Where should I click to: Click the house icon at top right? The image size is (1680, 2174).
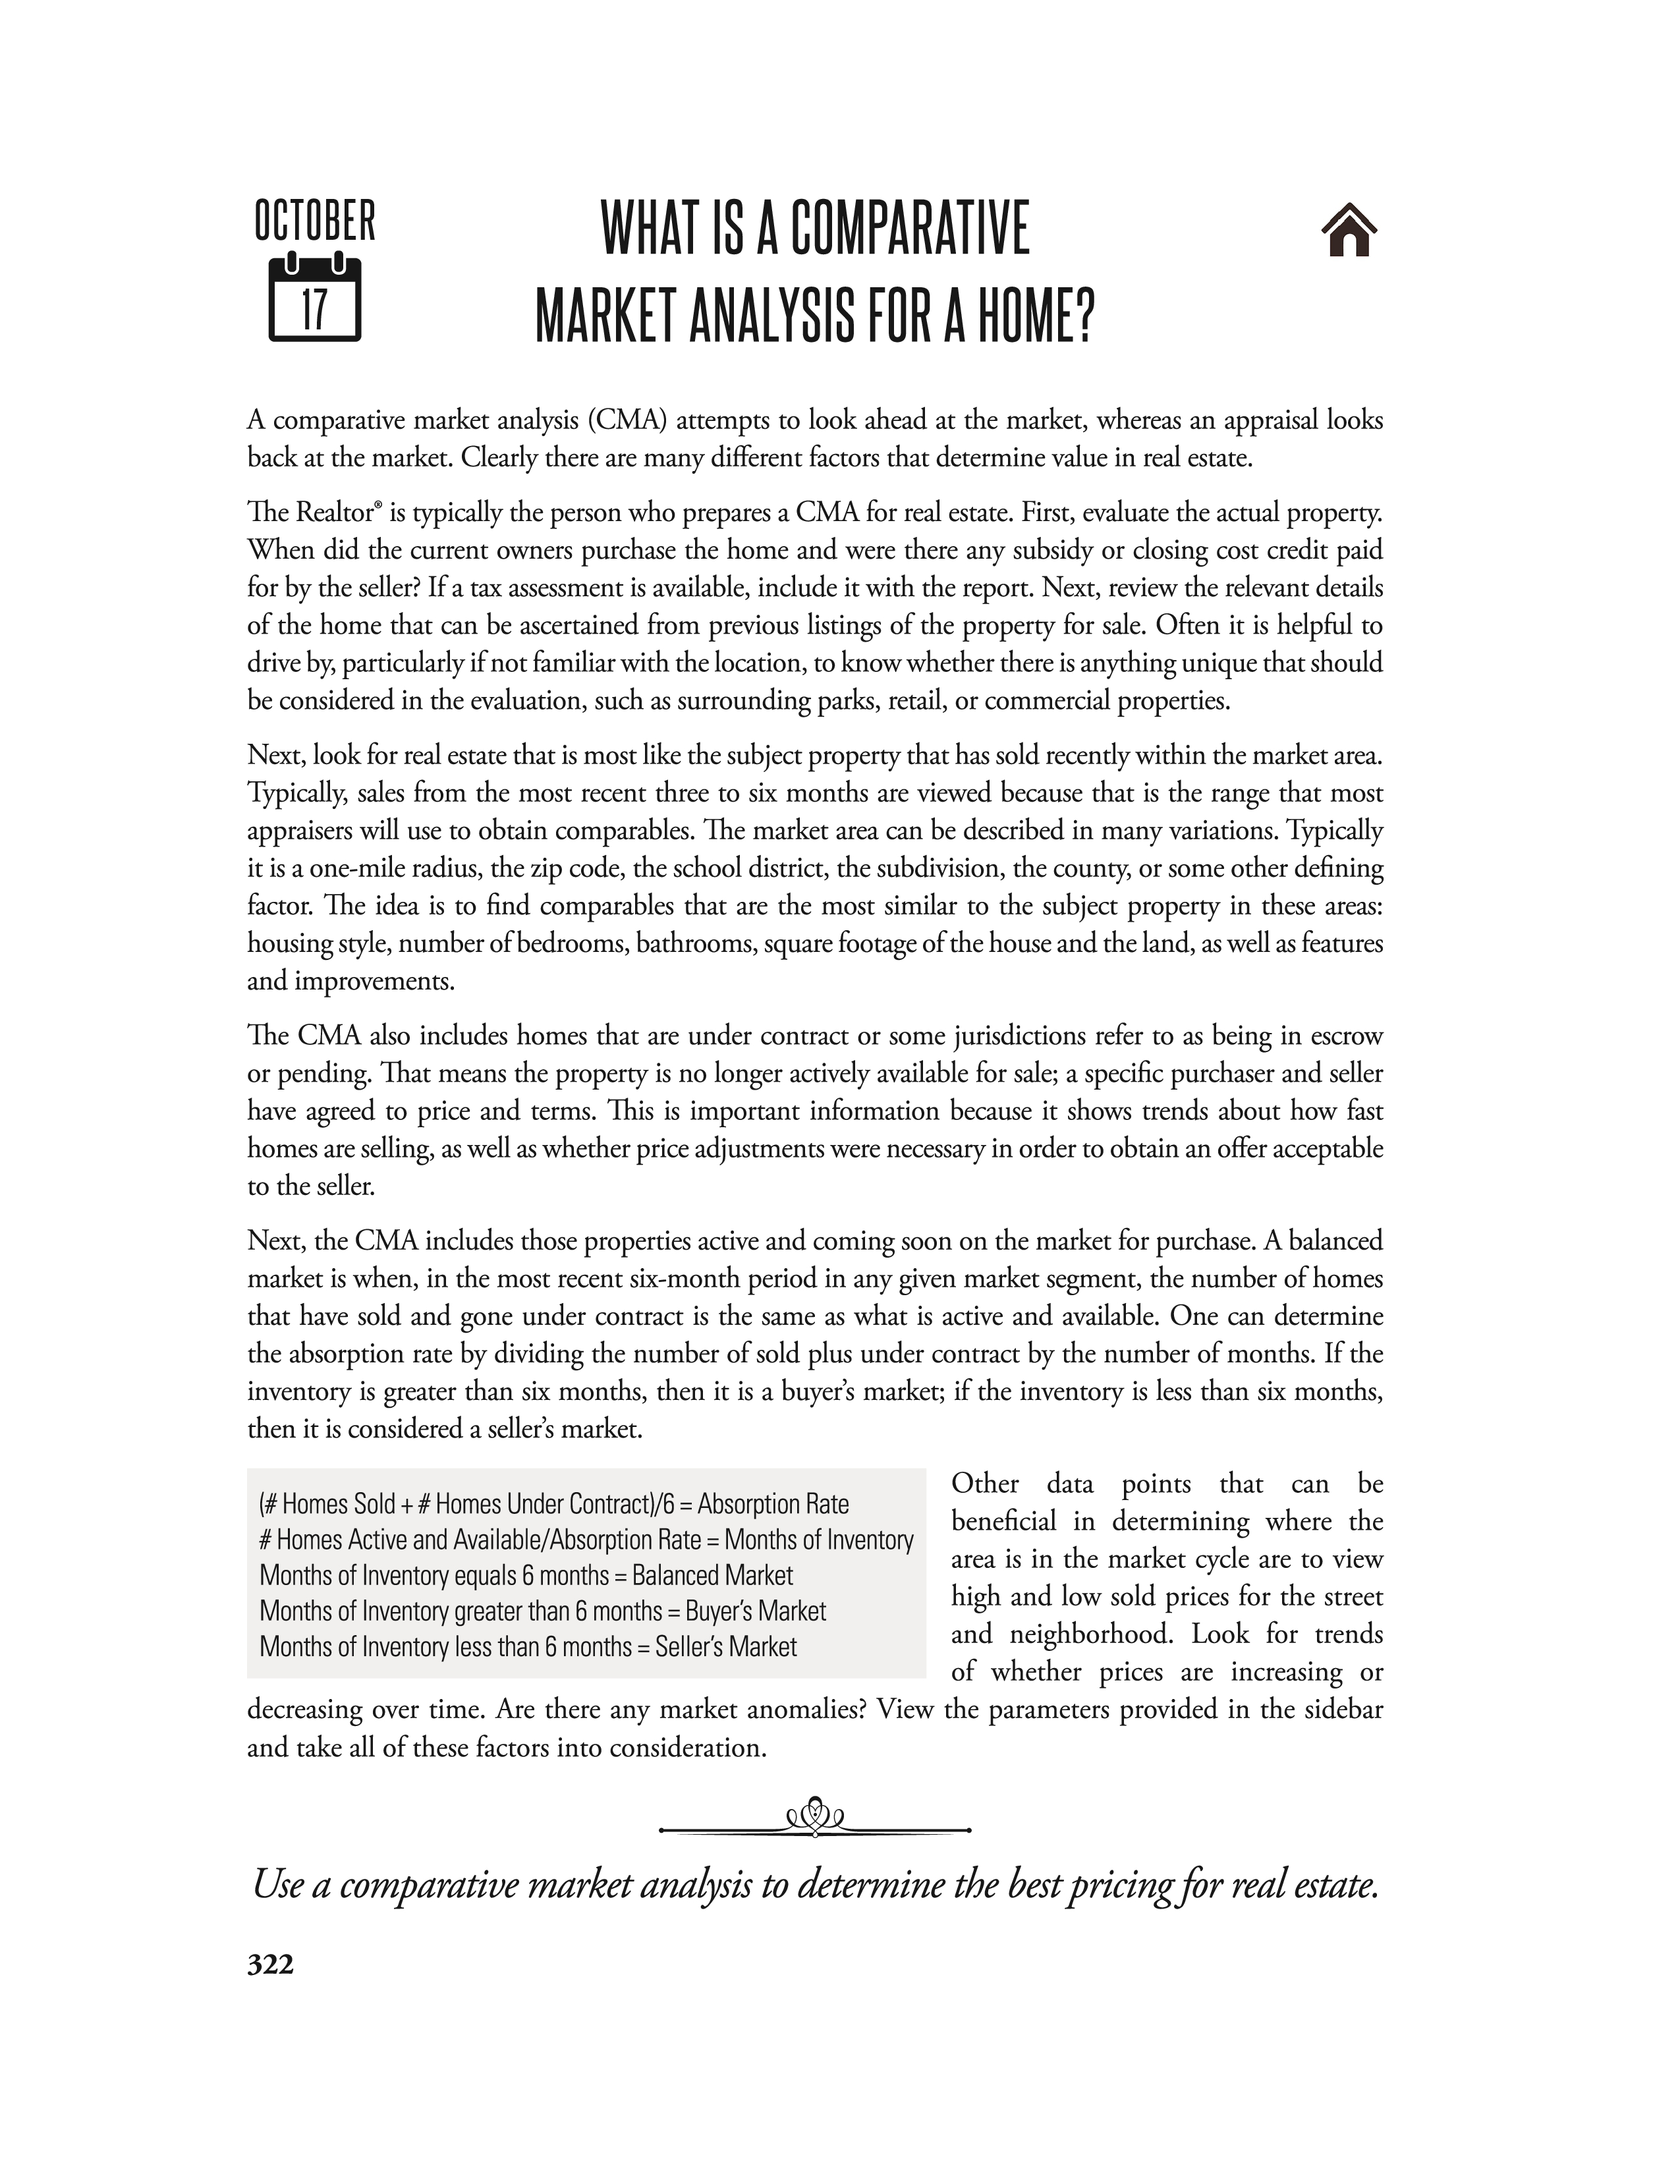pyautogui.click(x=1349, y=231)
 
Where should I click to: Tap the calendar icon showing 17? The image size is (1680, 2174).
pyautogui.click(x=314, y=298)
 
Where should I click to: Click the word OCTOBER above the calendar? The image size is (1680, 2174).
pyautogui.click(x=314, y=221)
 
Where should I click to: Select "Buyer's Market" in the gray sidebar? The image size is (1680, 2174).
pyautogui.click(x=756, y=1611)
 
